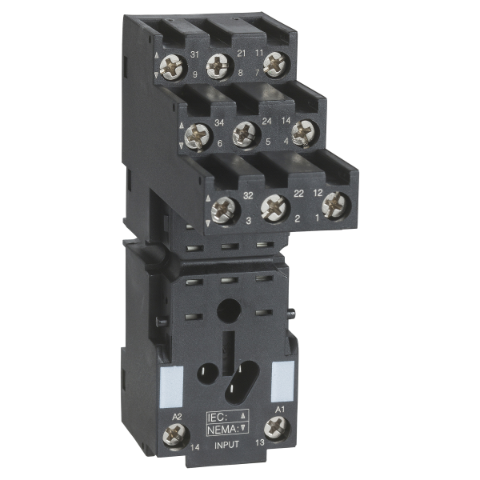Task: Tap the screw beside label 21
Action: (x=218, y=66)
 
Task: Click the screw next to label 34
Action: (x=198, y=136)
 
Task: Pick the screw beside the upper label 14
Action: (x=303, y=132)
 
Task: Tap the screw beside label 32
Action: (x=224, y=210)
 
